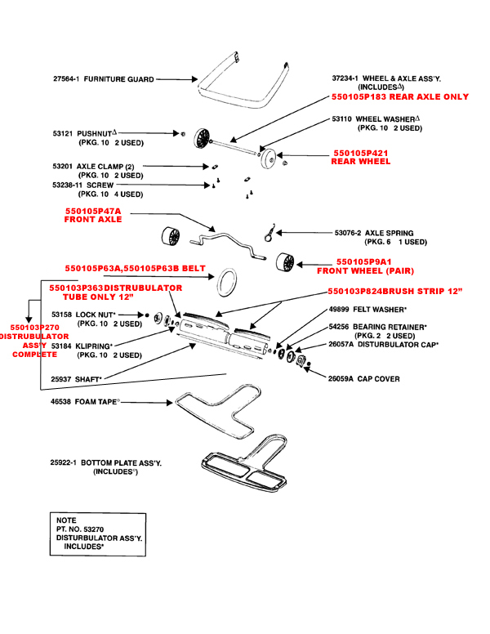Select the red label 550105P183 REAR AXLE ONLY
[400, 96]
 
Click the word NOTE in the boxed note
[66, 520]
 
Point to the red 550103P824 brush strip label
[395, 292]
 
